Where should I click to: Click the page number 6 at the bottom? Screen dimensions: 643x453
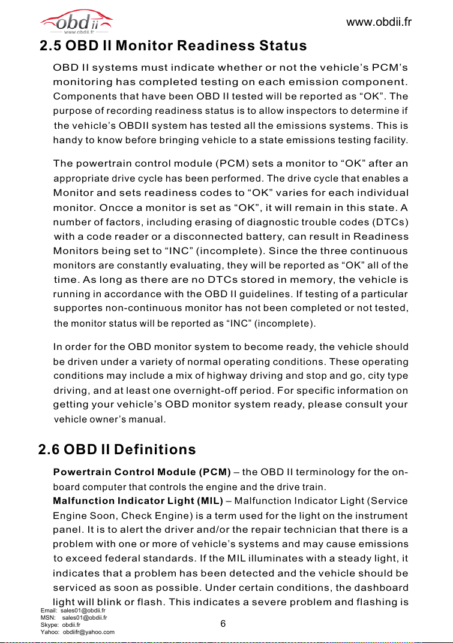click(223, 624)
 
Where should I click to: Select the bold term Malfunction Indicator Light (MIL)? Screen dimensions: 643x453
click(138, 502)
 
